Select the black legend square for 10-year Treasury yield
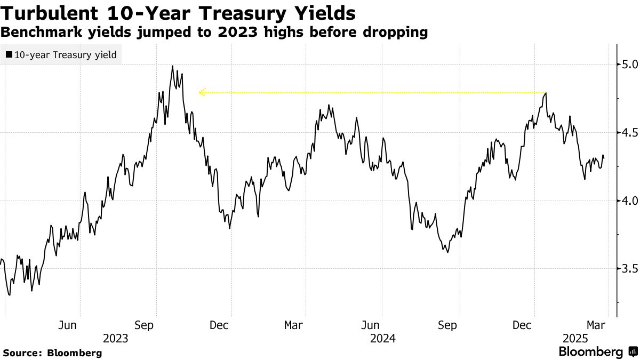[9, 54]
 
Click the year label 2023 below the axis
[116, 338]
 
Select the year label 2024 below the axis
[382, 338]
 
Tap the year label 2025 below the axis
[576, 338]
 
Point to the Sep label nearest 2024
[447, 325]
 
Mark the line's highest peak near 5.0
[172, 66]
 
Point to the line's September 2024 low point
[447, 252]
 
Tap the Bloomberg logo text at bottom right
[590, 352]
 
